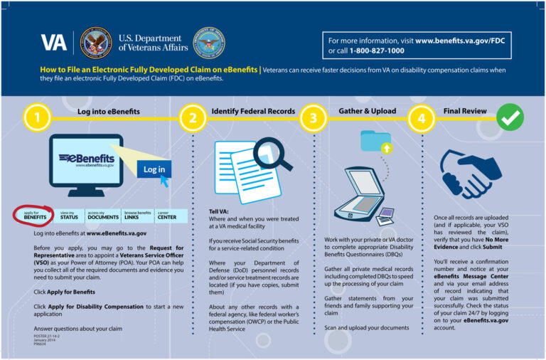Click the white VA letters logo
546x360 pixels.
pyautogui.click(x=53, y=43)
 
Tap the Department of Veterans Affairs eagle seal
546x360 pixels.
pyautogui.click(x=96, y=43)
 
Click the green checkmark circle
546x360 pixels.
pyautogui.click(x=509, y=118)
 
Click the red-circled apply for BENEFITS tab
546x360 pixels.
pyautogui.click(x=35, y=215)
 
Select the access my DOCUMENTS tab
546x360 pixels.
pyautogui.click(x=102, y=215)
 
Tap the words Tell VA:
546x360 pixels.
pyautogui.click(x=218, y=212)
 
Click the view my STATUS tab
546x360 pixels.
pyautogui.click(x=69, y=215)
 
